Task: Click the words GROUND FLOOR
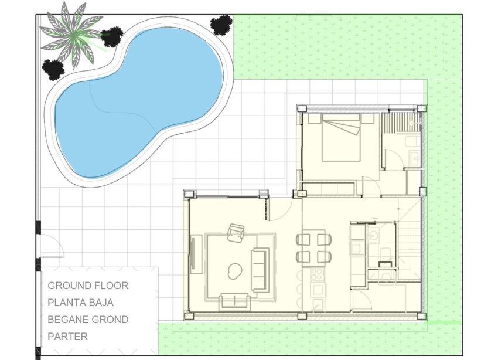(88, 286)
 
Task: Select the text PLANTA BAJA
(80, 303)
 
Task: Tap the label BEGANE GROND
(88, 320)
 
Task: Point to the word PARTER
(67, 337)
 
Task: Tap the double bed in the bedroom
(340, 138)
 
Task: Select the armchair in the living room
(237, 233)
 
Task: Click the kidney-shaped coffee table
(234, 270)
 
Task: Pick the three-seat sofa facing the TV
(260, 270)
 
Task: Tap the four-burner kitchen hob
(318, 274)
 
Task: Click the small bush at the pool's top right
(221, 25)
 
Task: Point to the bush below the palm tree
(53, 69)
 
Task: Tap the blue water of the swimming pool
(141, 100)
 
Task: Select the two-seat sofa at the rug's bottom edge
(234, 301)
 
